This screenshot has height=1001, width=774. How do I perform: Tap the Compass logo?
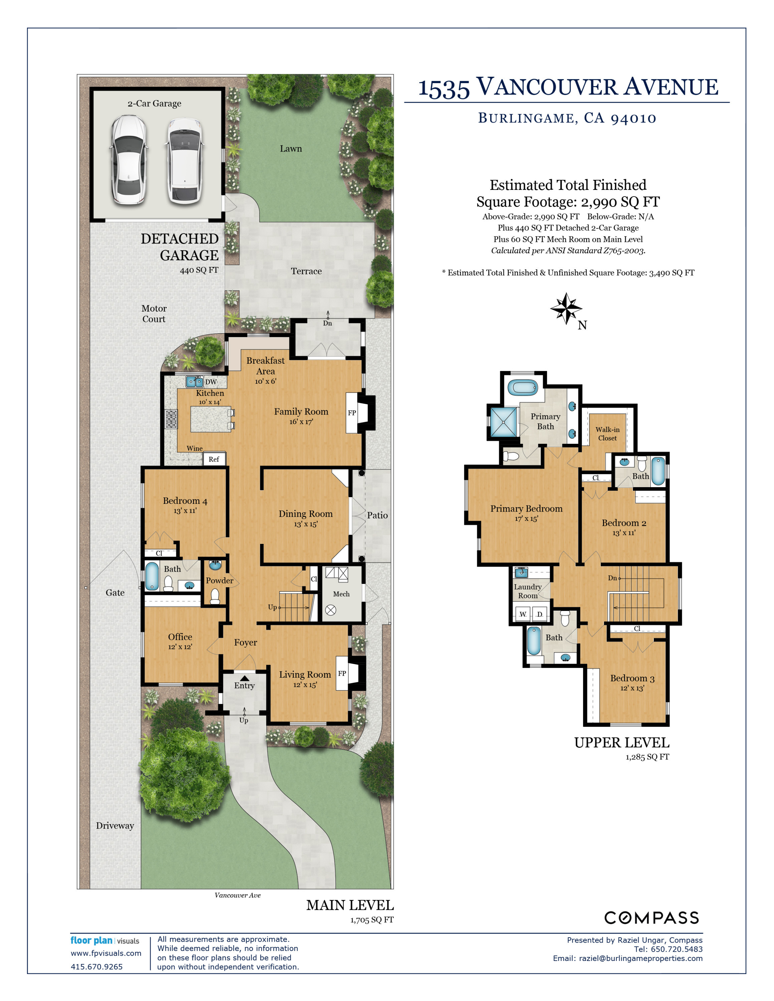pos(651,918)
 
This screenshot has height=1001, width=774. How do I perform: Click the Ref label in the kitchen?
pos(214,459)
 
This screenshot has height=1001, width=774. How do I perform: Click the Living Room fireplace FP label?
pos(342,673)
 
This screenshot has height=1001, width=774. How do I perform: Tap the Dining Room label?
pos(306,514)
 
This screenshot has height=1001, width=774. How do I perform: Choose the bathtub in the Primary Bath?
pos(522,388)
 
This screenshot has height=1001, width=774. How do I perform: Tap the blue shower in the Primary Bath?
pos(504,421)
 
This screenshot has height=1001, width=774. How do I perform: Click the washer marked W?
pos(523,614)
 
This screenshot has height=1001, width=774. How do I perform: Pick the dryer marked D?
pos(539,614)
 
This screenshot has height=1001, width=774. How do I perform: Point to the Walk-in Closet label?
pos(608,433)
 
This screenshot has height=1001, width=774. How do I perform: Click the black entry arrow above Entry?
pos(245,678)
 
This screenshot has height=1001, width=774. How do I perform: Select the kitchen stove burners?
pos(171,419)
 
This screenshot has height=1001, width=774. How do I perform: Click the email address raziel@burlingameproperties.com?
pos(640,958)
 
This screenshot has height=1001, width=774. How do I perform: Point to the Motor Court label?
pos(154,314)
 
